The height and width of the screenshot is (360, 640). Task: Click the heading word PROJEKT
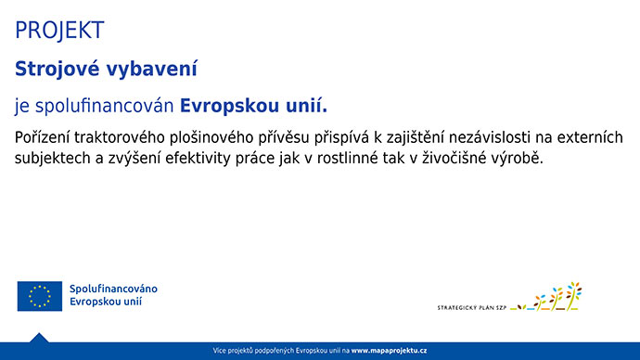pyautogui.click(x=59, y=31)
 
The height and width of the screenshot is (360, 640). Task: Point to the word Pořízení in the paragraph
pyautogui.click(x=45, y=137)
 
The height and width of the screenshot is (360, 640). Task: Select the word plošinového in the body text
pyautogui.click(x=226, y=137)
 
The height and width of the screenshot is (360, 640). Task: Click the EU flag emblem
pyautogui.click(x=39, y=296)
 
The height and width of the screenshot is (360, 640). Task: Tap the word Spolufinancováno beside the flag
pyautogui.click(x=113, y=289)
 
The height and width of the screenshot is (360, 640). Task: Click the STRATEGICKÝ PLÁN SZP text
pyautogui.click(x=471, y=305)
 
